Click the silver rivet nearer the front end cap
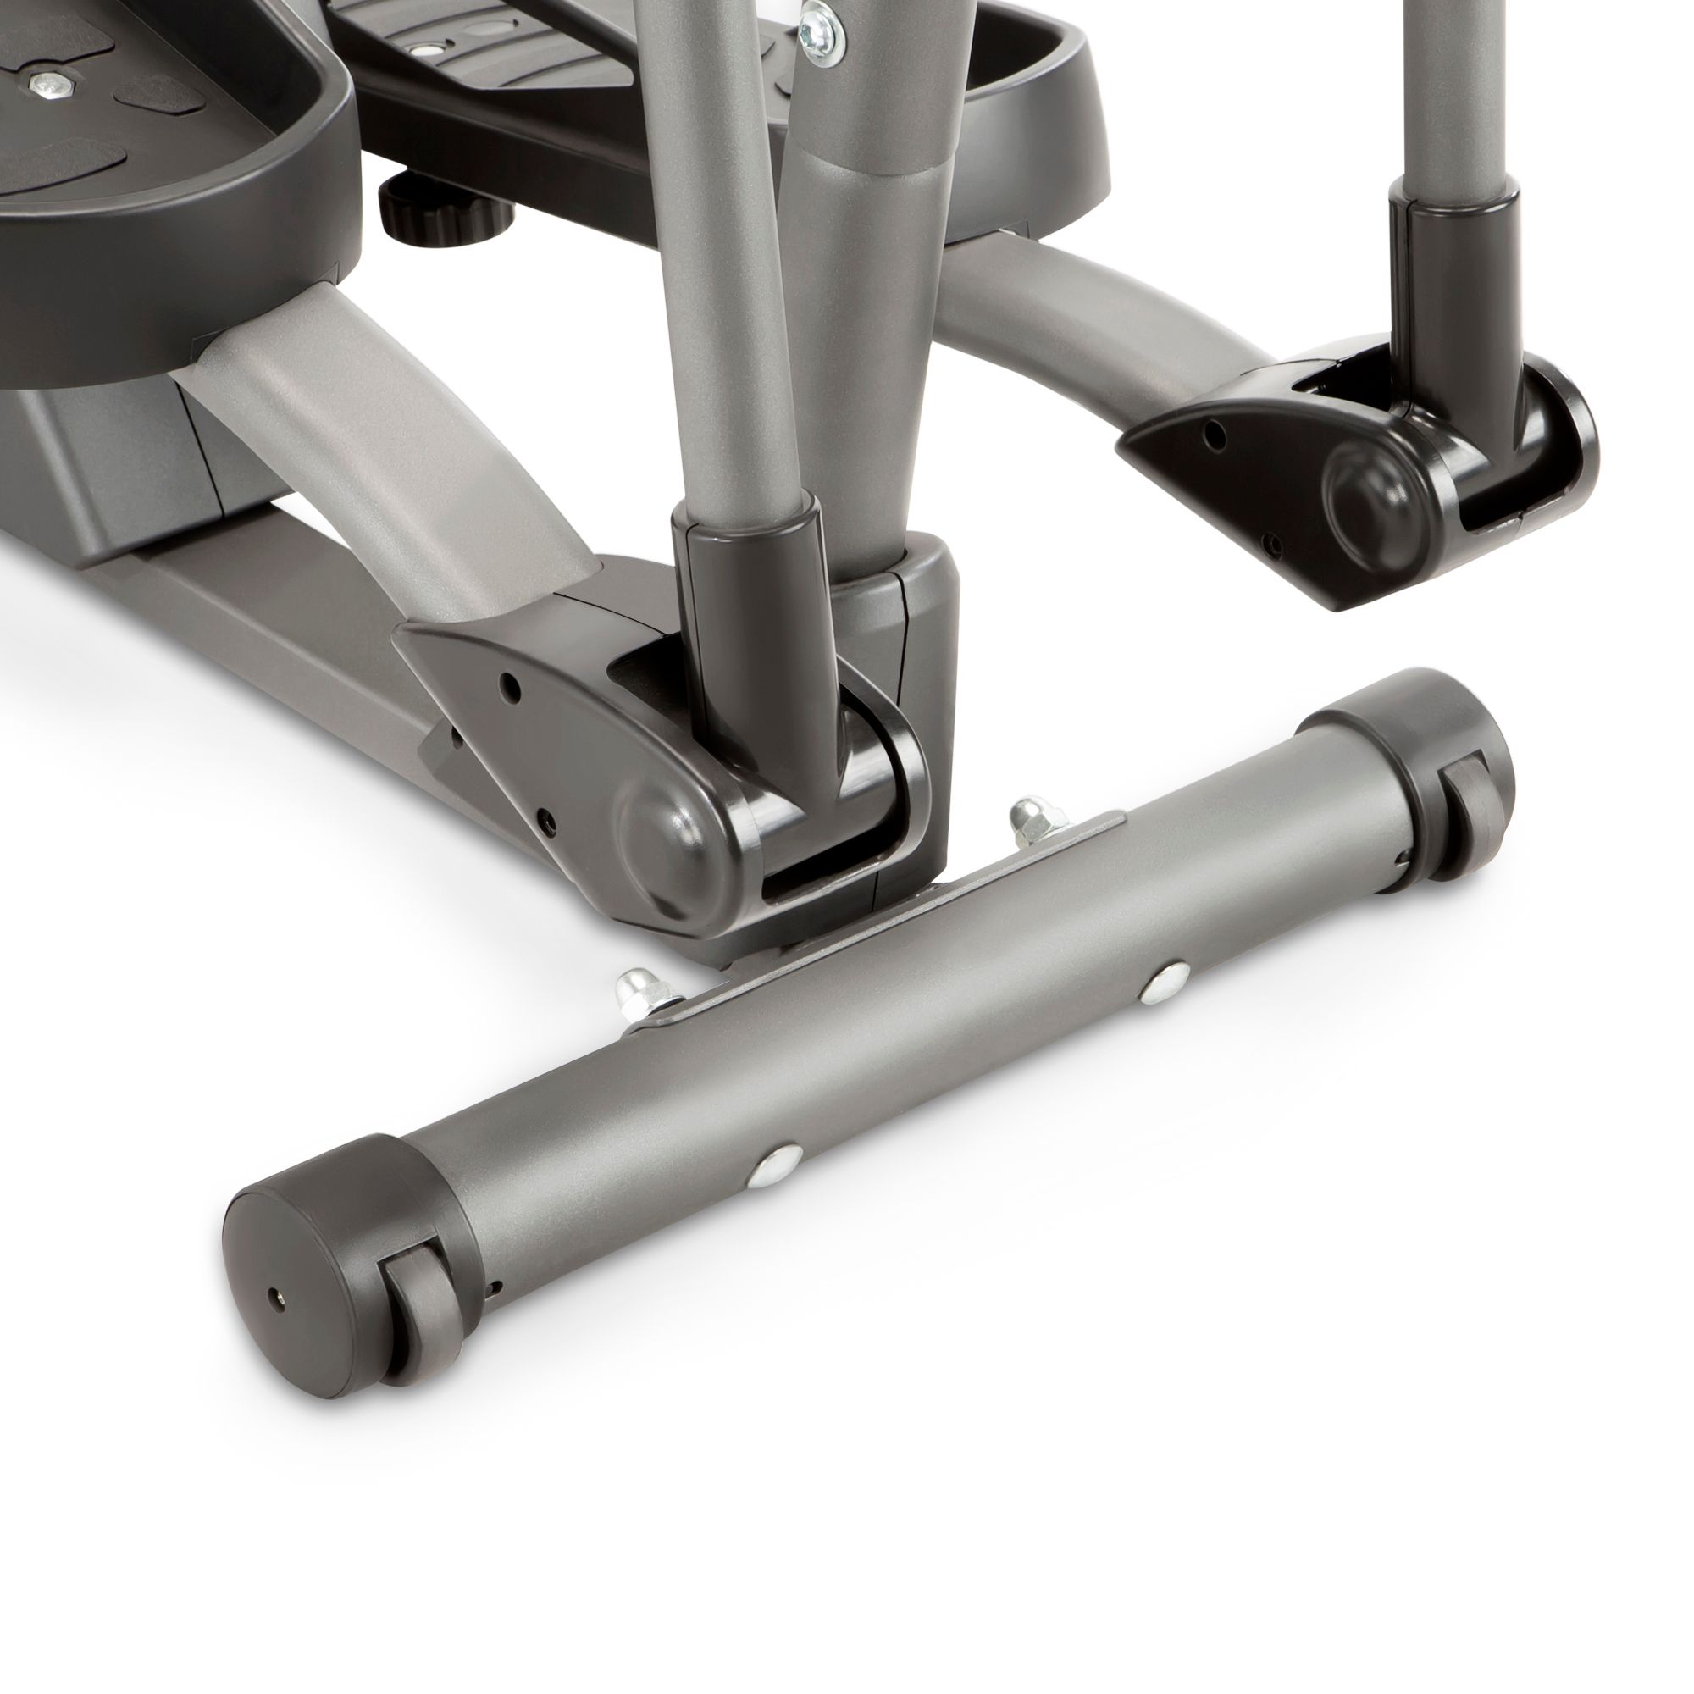point(775,1164)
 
